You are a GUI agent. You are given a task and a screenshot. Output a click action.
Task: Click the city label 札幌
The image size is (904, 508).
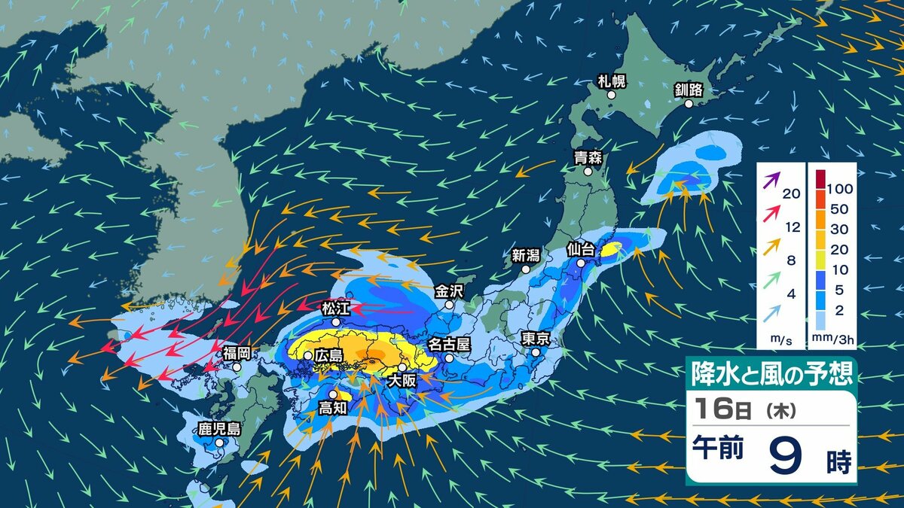pyautogui.click(x=612, y=81)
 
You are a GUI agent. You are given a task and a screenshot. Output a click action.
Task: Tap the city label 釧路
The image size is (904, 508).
pyautogui.click(x=689, y=90)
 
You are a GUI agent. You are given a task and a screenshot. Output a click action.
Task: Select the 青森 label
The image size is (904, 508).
pyautogui.click(x=588, y=157)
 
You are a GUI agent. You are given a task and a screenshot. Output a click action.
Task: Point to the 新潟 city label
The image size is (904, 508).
pyautogui.click(x=527, y=255)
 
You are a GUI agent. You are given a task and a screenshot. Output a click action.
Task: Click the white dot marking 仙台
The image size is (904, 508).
pyautogui.click(x=582, y=264)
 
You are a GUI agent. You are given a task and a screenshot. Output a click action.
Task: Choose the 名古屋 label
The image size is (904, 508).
pyautogui.click(x=449, y=345)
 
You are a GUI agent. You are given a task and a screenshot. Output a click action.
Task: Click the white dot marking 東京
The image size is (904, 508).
pyautogui.click(x=536, y=352)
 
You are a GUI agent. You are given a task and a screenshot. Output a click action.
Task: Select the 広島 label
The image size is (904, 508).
pyautogui.click(x=328, y=354)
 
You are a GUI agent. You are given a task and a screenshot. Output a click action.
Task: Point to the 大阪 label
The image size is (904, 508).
pyautogui.click(x=401, y=381)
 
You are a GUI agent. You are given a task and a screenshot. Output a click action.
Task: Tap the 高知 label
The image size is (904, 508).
pyautogui.click(x=332, y=409)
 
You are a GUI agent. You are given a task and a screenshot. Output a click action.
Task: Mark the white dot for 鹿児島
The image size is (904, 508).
pyautogui.click(x=219, y=444)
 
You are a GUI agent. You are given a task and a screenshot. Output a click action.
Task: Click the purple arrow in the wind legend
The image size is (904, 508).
pyautogui.click(x=771, y=181)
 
